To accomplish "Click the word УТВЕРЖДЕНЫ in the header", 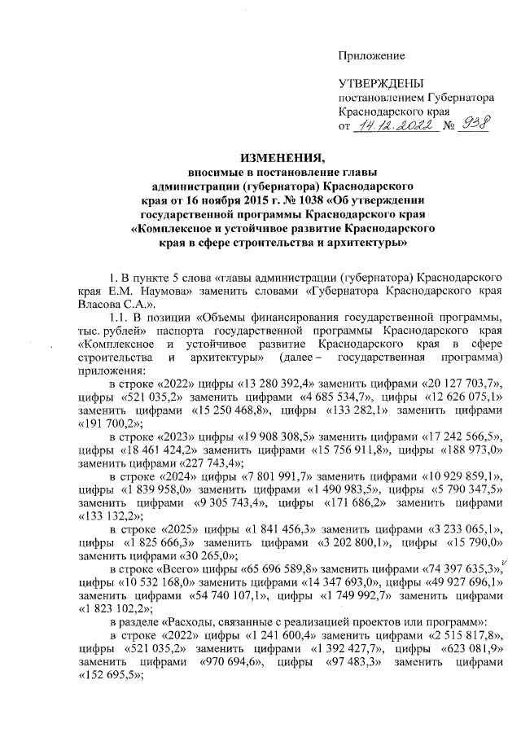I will [381, 84].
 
